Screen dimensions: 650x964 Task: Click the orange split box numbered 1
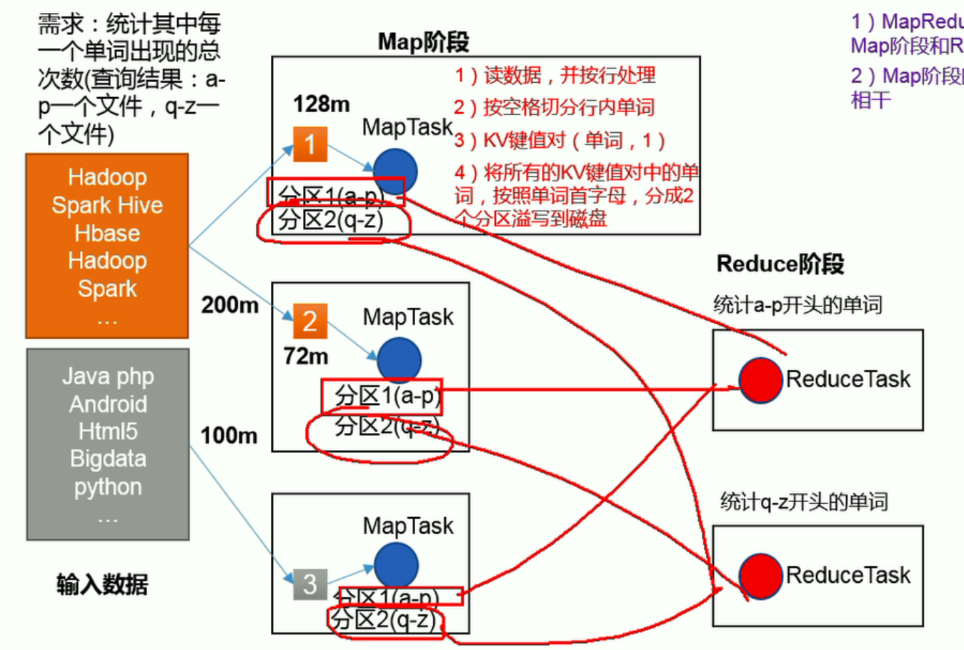pos(310,144)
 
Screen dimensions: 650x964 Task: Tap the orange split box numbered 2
pos(309,321)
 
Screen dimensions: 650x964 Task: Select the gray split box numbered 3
pos(310,584)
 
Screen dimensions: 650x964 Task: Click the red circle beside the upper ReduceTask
pos(760,380)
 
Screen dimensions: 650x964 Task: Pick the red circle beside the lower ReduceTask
pos(760,576)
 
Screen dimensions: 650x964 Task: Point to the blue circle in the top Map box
pos(394,171)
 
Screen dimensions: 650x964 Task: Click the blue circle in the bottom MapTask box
pos(396,564)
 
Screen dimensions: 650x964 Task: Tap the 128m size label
pos(322,104)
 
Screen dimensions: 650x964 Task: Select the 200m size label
pos(229,305)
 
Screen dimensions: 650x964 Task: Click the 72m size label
pos(306,356)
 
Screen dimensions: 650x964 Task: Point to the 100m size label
pos(229,435)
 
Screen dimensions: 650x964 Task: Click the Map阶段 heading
pos(423,42)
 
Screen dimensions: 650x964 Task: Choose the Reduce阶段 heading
pos(780,264)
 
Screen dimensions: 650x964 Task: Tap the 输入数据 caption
pos(102,584)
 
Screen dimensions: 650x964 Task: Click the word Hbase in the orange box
pos(107,233)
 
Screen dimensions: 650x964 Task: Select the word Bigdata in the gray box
pos(108,459)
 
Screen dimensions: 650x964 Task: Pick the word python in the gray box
pos(108,487)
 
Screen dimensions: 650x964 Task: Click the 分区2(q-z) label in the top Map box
pos(331,220)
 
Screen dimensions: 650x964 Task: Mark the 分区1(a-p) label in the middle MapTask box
pos(387,396)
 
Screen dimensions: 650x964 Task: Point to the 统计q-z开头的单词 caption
pos(803,501)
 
